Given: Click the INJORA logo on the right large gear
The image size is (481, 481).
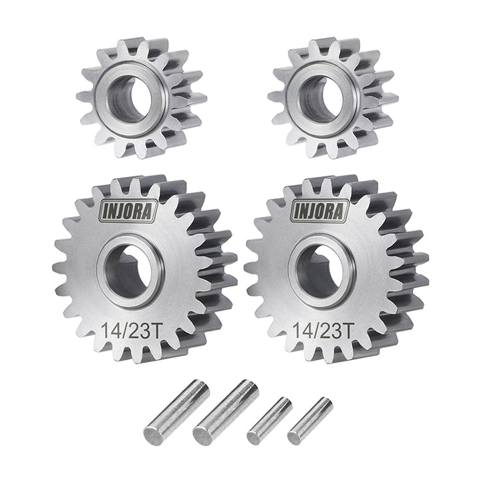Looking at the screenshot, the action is coord(320,211).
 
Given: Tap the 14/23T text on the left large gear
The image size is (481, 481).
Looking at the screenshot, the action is coord(131,331).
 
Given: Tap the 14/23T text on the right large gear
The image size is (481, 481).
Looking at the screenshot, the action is coord(322,331).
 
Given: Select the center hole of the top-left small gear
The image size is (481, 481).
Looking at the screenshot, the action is coord(128,99).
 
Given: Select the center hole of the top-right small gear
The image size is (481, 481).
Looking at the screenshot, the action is coord(319,99).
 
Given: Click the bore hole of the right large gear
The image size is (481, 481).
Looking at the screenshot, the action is coord(319,271).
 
